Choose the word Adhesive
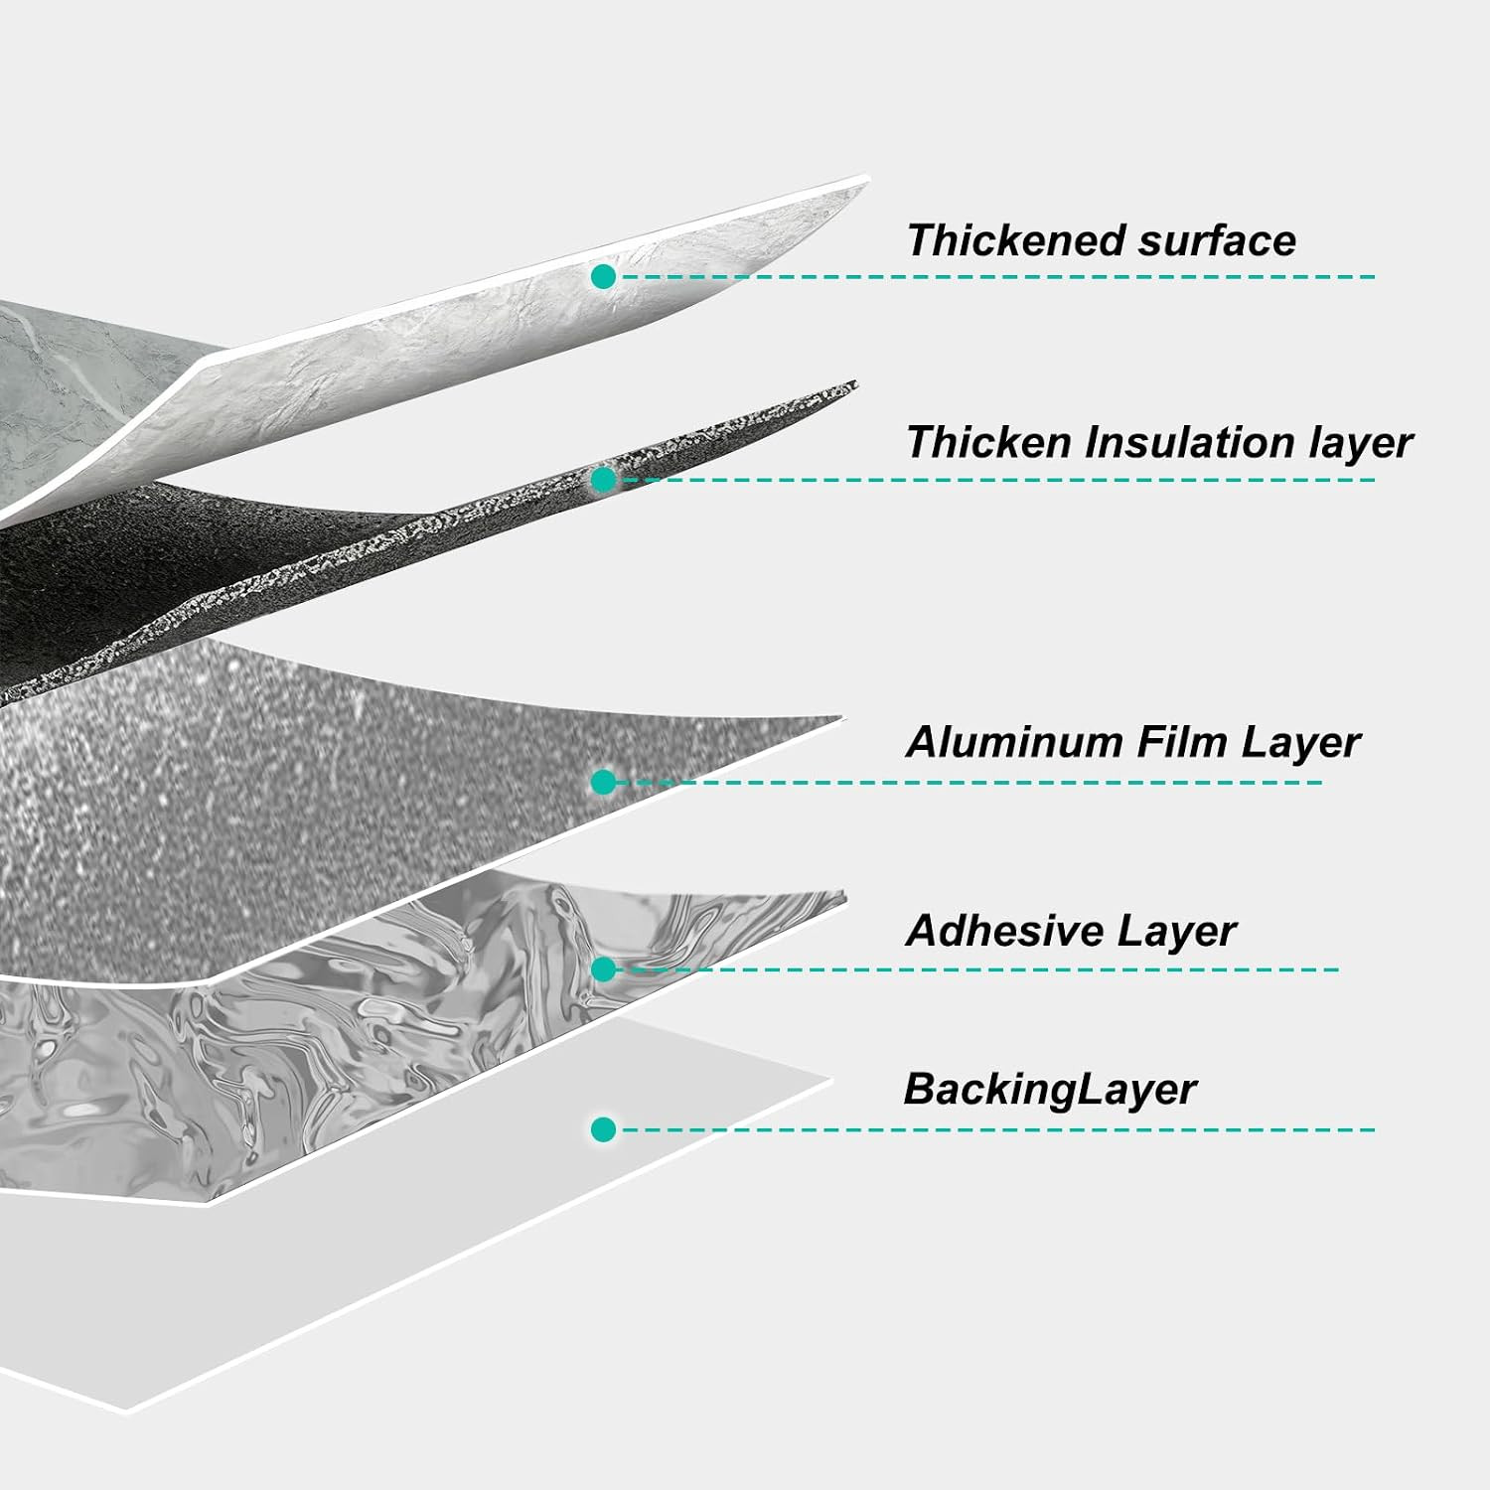coord(1005,931)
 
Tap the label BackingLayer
coord(1050,1090)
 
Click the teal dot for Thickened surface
coord(603,276)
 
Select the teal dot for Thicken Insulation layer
coord(603,480)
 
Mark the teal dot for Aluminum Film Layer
coord(603,782)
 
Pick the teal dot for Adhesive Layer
coord(603,968)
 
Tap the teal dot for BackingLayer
coord(603,1129)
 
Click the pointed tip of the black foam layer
coord(855,383)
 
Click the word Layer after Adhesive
coord(1177,932)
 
